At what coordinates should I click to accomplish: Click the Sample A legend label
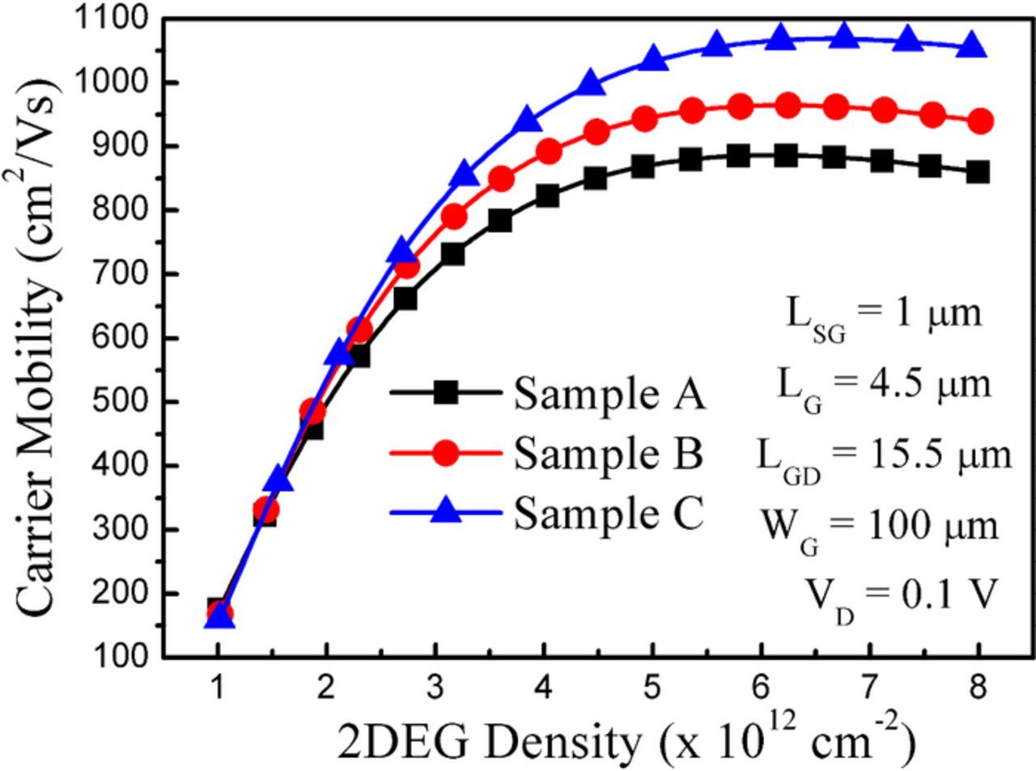[609, 396]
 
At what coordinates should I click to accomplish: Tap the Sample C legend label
[609, 513]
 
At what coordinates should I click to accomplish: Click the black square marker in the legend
[445, 393]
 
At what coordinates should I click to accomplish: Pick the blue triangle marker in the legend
[445, 510]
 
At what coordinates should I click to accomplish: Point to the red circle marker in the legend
[445, 452]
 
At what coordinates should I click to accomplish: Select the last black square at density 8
[978, 172]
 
